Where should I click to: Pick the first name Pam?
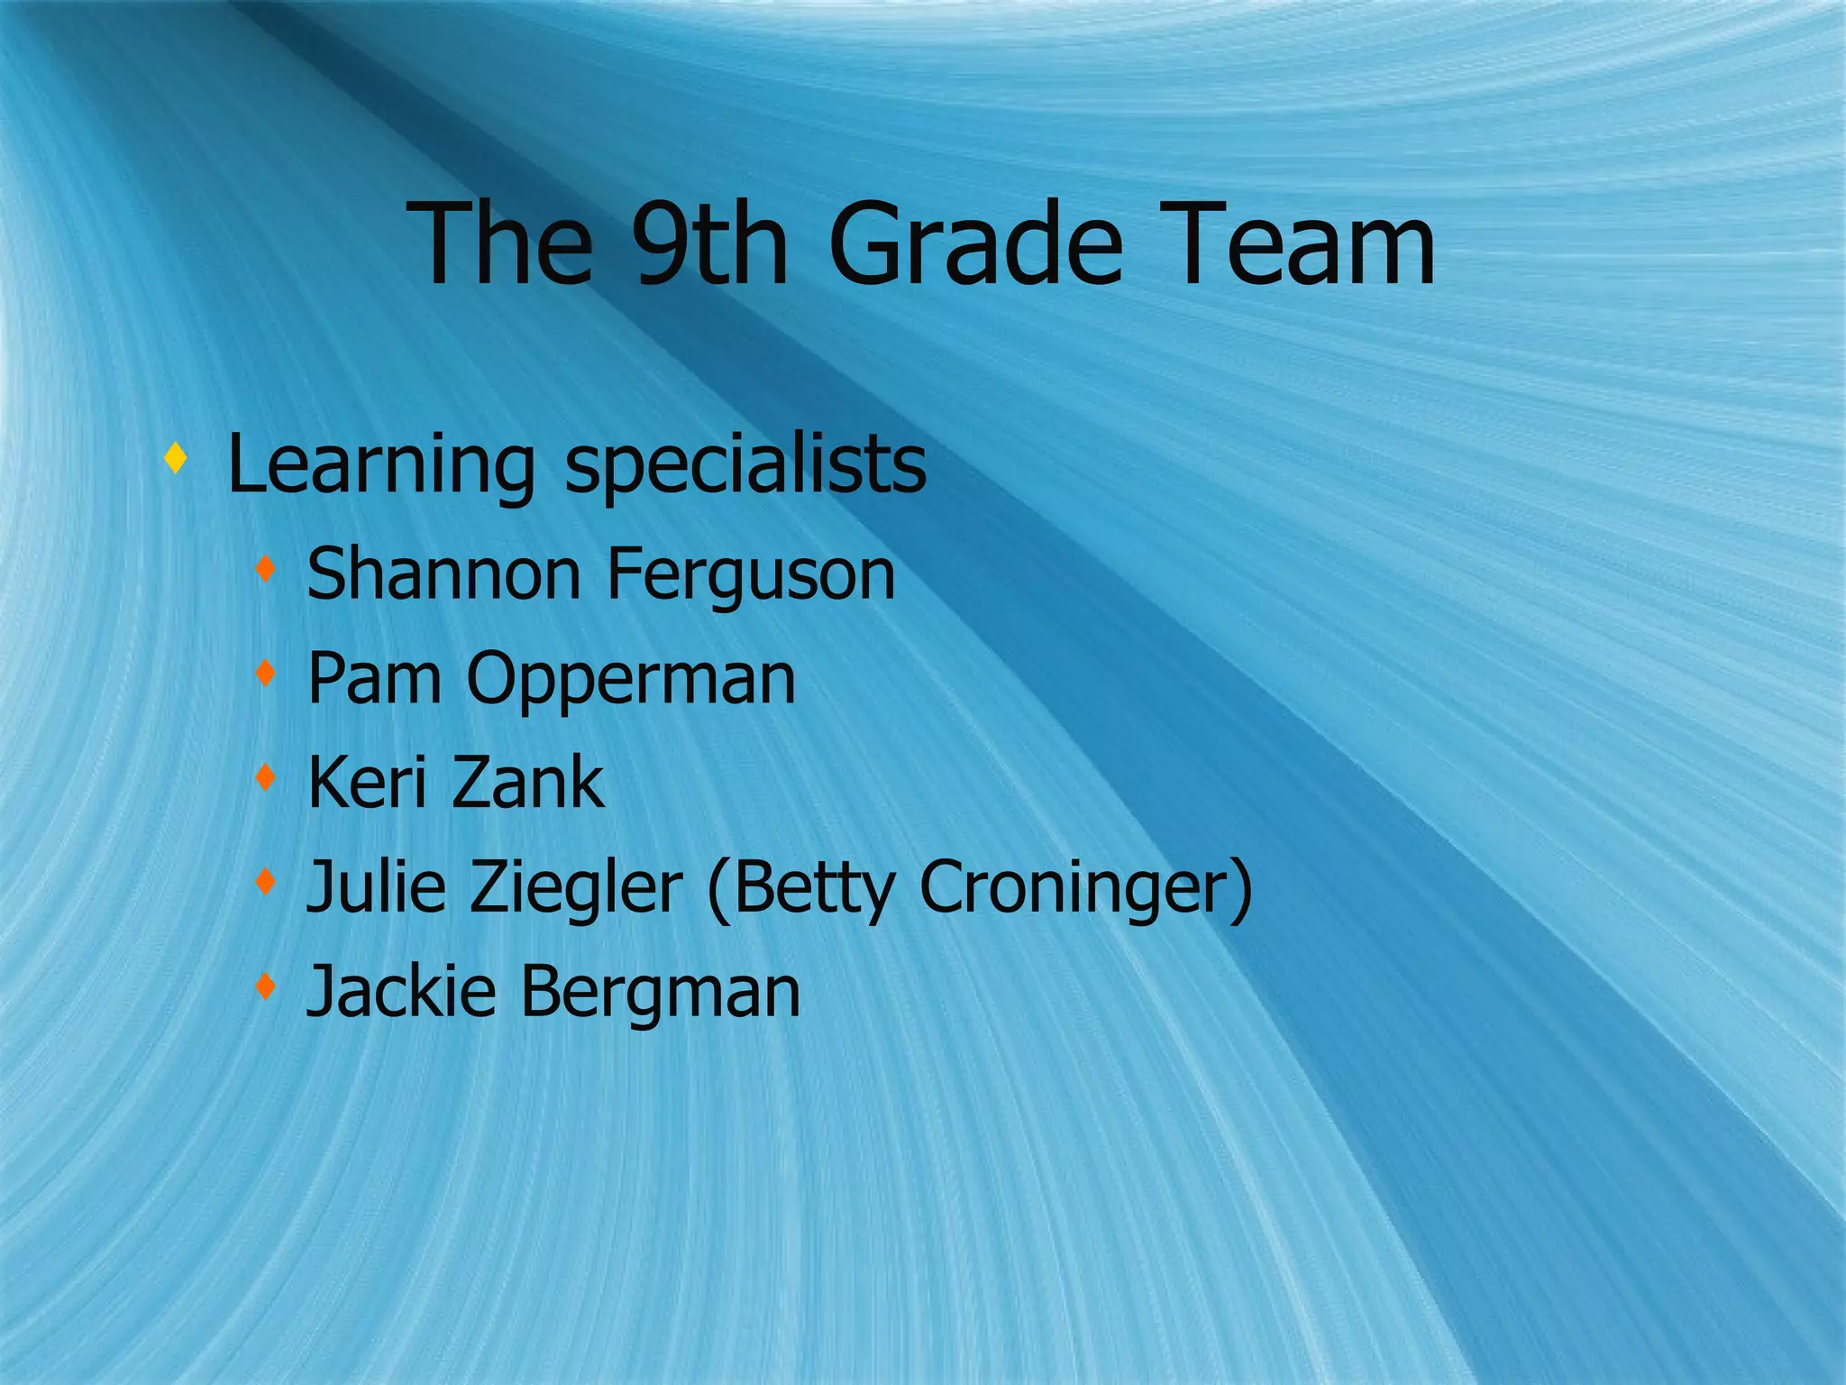pos(374,678)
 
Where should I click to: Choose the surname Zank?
pos(527,783)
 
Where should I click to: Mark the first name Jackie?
pos(401,991)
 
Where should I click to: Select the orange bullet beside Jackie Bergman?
pos(264,986)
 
